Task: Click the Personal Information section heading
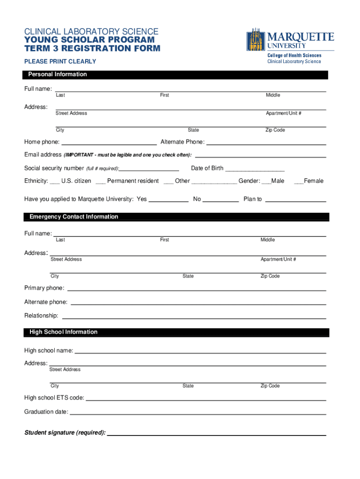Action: coord(58,74)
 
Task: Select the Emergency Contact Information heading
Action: coord(74,217)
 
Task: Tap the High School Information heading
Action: coord(64,332)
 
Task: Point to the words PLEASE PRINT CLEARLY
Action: coord(60,61)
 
